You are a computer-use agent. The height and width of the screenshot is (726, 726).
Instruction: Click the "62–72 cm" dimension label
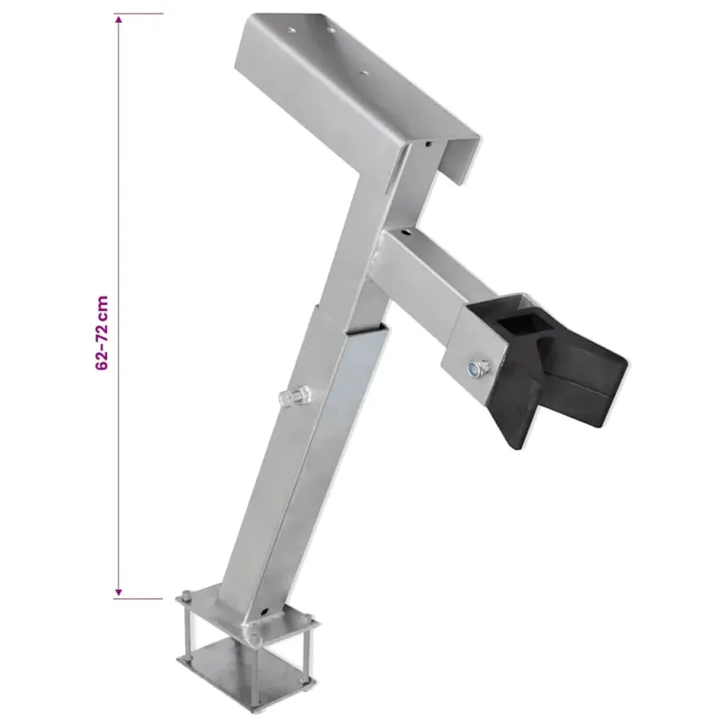tap(102, 332)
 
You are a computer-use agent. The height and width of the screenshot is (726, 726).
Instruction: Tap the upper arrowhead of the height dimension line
tap(119, 20)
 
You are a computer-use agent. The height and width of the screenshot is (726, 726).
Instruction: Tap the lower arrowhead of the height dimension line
tap(119, 593)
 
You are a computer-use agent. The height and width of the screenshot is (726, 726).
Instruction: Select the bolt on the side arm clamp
tap(476, 368)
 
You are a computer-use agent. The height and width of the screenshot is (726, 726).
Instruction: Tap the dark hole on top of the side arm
tap(406, 232)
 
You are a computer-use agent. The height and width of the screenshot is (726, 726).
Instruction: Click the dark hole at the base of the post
tap(264, 612)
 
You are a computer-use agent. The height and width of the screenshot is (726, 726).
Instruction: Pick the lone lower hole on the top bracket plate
tap(364, 73)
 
